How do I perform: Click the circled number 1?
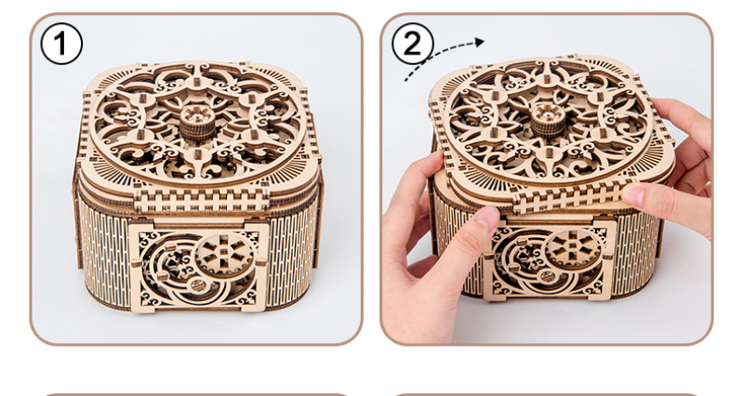61,44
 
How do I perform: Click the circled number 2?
412,44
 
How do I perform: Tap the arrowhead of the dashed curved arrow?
480,42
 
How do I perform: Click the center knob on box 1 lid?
196,123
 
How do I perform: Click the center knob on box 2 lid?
549,119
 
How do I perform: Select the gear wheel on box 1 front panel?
224,256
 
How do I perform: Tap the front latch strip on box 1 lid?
201,201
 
